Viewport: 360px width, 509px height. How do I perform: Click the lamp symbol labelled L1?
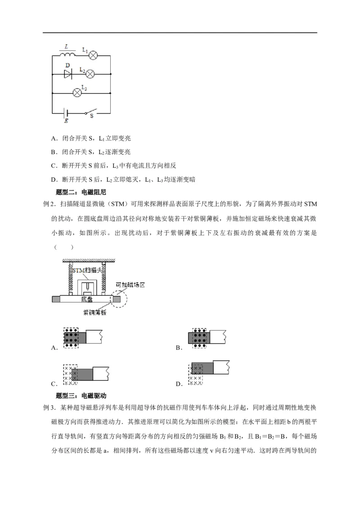[93, 55]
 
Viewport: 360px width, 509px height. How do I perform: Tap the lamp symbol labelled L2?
[90, 74]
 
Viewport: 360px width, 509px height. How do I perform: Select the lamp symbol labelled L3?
[77, 92]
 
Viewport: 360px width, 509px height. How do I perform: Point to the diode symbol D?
[68, 74]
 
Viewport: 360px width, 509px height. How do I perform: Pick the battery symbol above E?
[66, 112]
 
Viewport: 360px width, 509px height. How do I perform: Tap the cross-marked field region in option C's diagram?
[70, 375]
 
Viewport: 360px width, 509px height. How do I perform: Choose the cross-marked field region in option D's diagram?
[195, 374]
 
